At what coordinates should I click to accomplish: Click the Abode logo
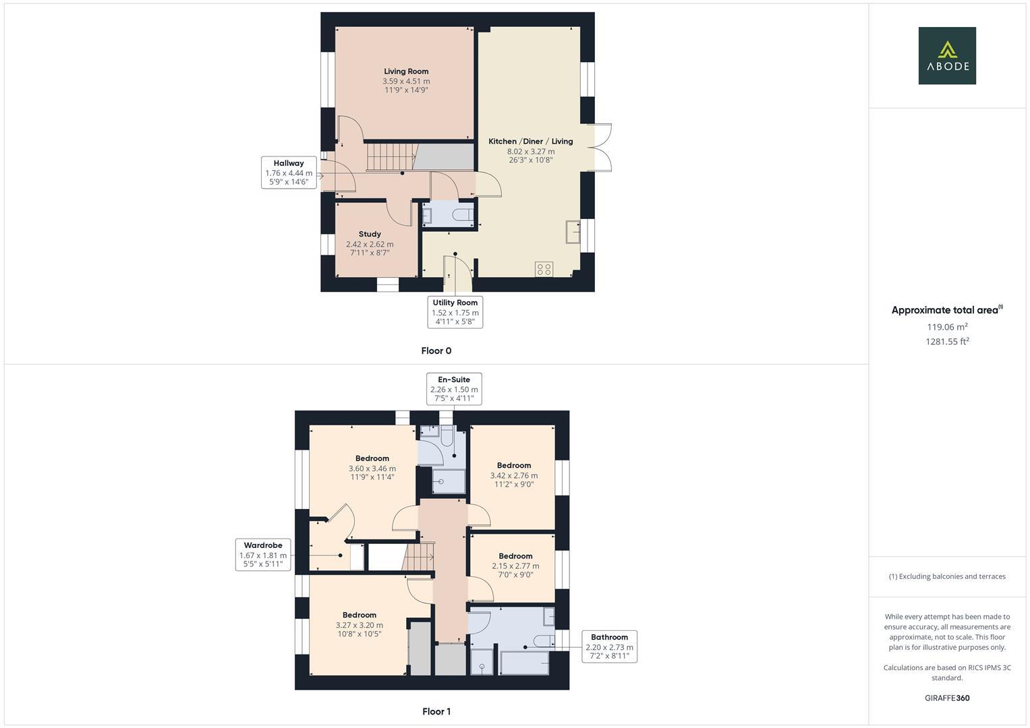(946, 56)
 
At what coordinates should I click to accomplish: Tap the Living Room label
(406, 71)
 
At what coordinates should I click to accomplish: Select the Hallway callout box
(289, 173)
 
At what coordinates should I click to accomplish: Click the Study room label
(370, 235)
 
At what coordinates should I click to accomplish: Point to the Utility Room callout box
(455, 312)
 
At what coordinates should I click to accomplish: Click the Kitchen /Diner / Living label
(530, 142)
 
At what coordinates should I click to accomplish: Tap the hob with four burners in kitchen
(544, 269)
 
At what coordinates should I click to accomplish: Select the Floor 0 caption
(436, 351)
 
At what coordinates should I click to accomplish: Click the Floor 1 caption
(436, 711)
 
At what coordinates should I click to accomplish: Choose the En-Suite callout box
(454, 389)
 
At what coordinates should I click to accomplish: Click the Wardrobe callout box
(263, 554)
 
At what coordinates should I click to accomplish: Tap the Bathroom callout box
(609, 646)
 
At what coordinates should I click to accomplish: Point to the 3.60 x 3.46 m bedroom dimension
(372, 468)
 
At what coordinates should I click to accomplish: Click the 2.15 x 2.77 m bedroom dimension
(515, 566)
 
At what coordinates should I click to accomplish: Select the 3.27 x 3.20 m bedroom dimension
(359, 625)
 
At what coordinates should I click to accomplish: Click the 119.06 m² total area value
(947, 327)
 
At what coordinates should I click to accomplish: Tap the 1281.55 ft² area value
(947, 341)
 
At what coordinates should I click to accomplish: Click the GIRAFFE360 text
(947, 698)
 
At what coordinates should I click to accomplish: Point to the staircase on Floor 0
(389, 157)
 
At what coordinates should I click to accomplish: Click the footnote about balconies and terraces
(947, 576)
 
